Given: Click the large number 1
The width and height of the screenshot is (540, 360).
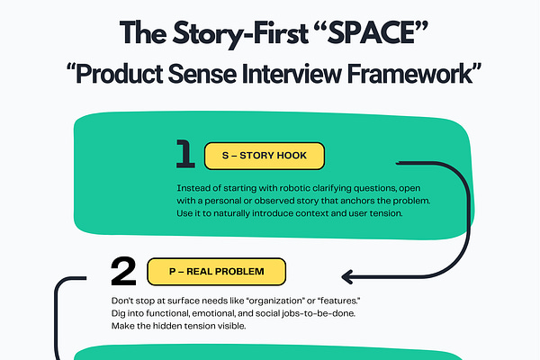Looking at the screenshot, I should click(184, 155).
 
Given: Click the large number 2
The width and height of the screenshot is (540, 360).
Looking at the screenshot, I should click(122, 270).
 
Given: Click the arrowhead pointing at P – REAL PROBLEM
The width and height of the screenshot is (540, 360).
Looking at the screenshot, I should click(347, 275).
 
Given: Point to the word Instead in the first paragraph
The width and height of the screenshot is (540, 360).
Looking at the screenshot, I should click(192, 187).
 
